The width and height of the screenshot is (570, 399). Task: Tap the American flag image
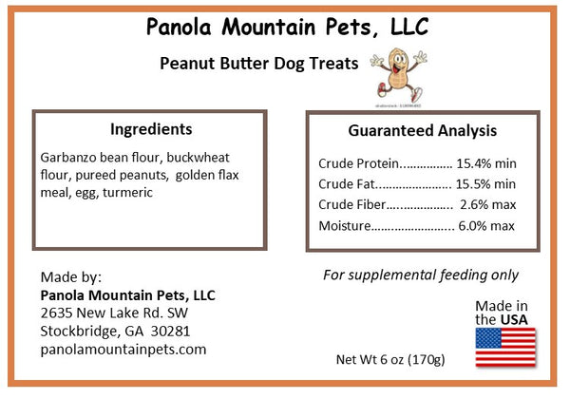click(504, 348)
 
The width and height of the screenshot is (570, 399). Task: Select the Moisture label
click(344, 226)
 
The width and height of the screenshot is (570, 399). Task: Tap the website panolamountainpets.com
click(123, 349)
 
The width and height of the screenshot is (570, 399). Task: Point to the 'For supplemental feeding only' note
click(420, 275)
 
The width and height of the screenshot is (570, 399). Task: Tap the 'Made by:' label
click(70, 277)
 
